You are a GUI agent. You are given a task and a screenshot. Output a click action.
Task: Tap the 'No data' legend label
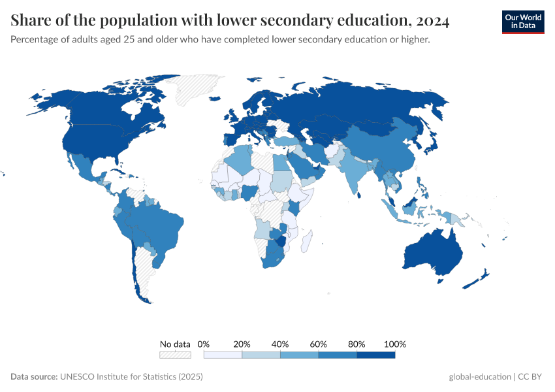click(x=175, y=344)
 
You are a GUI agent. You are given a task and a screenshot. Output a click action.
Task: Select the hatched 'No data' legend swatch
click(x=175, y=355)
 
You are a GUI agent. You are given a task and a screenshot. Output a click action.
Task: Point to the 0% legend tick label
click(x=204, y=344)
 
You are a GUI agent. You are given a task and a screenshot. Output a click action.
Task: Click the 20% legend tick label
click(x=242, y=344)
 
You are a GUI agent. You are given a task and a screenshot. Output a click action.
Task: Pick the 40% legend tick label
click(x=280, y=344)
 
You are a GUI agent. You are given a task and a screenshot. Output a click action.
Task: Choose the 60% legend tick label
click(x=319, y=344)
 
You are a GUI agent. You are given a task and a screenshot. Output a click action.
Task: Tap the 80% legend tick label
click(x=357, y=344)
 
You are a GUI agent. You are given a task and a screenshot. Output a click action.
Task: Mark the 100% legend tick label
click(x=395, y=344)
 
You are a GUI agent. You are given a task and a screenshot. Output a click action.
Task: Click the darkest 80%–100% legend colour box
click(x=376, y=355)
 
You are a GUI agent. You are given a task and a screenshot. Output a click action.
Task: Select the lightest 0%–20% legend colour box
click(x=223, y=355)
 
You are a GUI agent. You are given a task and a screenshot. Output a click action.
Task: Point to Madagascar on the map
click(x=306, y=241)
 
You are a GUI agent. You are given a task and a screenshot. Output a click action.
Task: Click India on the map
click(x=355, y=173)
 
